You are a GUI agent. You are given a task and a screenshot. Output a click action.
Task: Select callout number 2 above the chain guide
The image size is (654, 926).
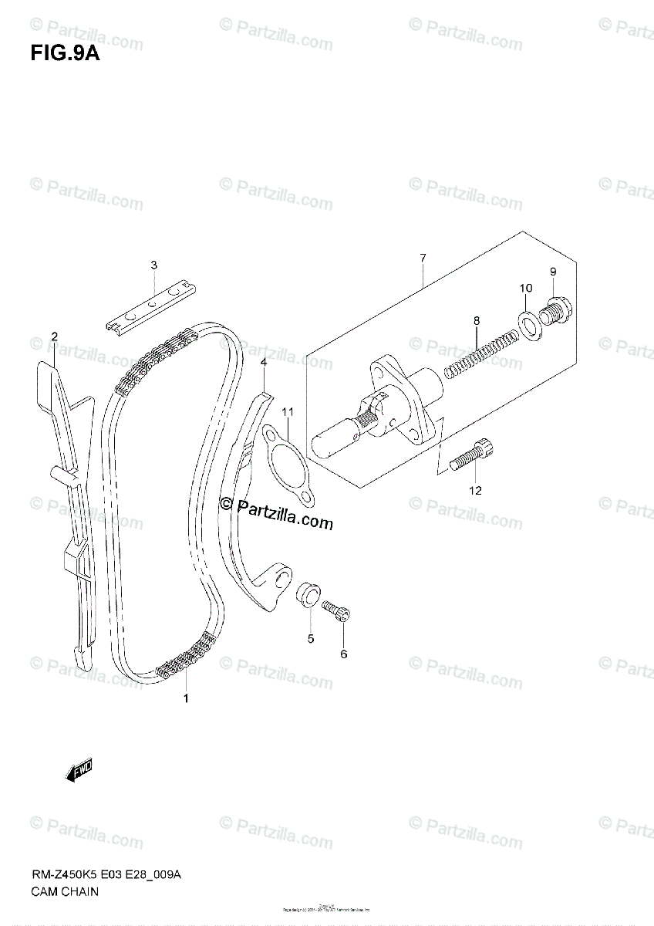pos(55,336)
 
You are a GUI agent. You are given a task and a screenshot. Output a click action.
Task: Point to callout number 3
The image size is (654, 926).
pos(153,265)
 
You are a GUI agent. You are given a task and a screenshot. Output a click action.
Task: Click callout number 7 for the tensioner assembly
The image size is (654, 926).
pos(423,258)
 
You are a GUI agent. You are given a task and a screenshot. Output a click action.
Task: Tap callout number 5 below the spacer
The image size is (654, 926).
pos(311,638)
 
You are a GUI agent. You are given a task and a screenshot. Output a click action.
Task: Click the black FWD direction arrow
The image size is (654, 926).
pos(79,771)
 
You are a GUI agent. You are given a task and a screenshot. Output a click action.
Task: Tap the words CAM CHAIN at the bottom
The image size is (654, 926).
pos(65,891)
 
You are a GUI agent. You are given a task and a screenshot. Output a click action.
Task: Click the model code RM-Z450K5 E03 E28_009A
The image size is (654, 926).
pos(106,874)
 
